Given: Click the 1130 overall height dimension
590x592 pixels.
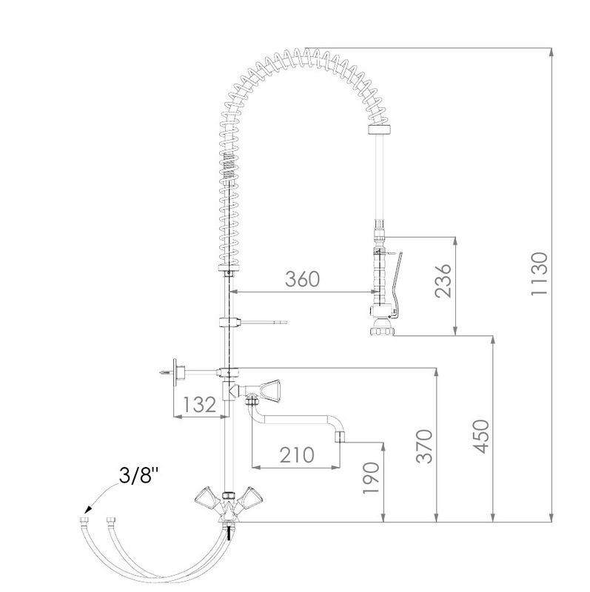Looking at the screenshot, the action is (539, 273).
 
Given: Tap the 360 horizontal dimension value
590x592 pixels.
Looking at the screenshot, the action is (302, 279).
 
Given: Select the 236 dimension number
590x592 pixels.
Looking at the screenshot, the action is (443, 280).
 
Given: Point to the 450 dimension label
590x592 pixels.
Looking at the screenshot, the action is (481, 436).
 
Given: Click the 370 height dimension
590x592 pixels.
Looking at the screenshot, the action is (423, 446).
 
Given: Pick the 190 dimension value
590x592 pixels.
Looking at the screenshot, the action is (371, 477).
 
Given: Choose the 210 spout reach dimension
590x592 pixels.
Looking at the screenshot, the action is (297, 455).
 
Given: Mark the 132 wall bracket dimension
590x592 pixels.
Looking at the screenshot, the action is (199, 404).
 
